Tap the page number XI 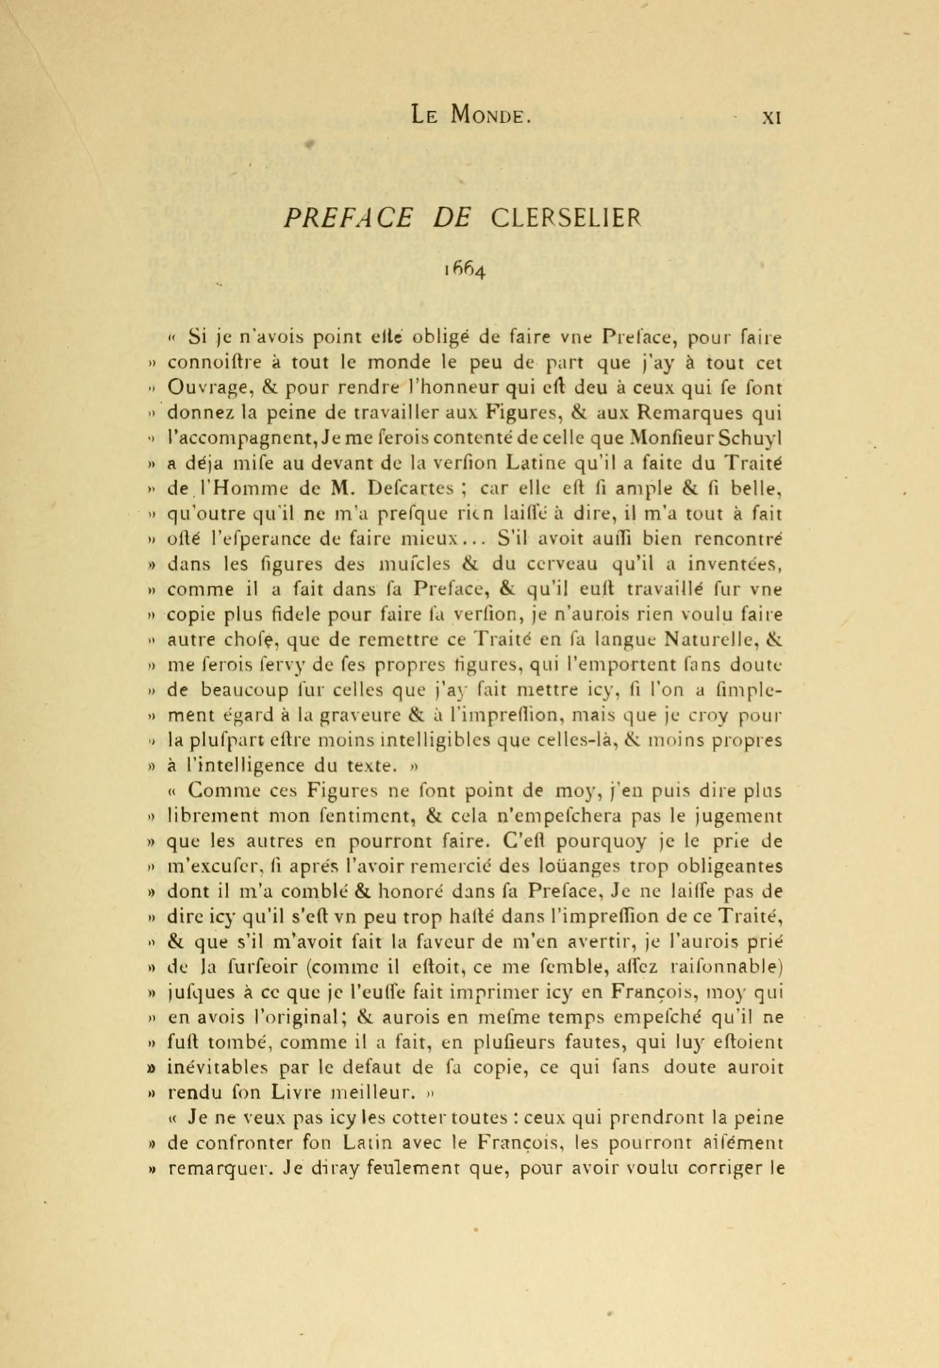point(771,117)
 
